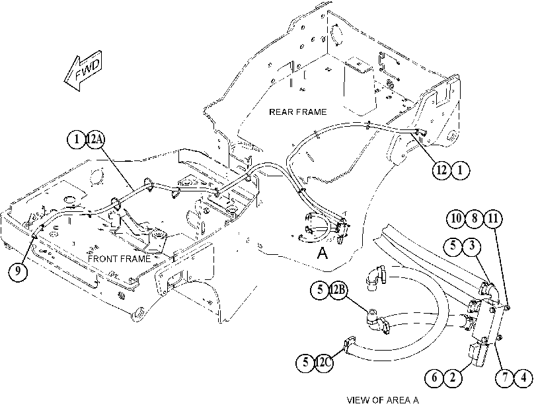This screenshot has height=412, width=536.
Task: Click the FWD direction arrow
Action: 83,71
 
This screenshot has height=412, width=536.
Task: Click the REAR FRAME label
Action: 297,112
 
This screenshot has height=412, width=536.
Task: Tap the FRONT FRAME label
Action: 120,259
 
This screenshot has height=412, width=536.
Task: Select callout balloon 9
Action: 18,271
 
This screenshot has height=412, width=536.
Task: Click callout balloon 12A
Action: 95,139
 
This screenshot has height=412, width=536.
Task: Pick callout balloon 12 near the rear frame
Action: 441,170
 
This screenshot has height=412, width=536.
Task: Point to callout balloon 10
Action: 456,219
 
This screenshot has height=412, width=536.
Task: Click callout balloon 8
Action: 474,219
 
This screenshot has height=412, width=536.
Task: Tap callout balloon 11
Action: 492,219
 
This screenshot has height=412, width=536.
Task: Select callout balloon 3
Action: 472,246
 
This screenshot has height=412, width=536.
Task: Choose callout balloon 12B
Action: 338,290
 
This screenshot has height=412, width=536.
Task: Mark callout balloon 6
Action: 434,378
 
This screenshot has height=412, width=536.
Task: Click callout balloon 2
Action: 453,378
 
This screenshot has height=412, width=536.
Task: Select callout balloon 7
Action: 505,378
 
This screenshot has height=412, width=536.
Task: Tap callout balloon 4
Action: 523,378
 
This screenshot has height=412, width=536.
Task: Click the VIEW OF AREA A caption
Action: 383,400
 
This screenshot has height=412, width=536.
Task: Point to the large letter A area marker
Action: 323,253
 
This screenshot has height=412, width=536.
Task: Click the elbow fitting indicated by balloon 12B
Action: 377,321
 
